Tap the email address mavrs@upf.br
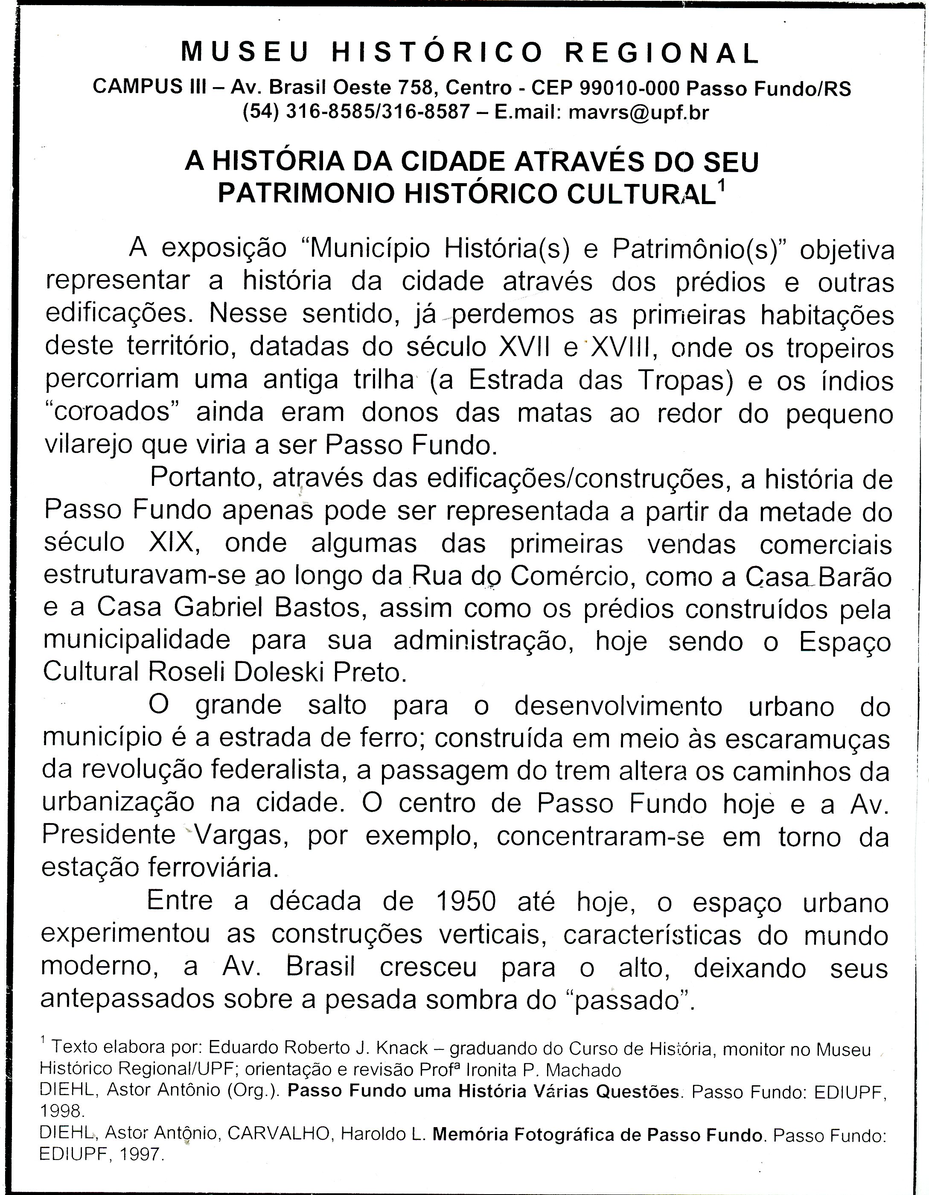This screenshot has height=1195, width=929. pyautogui.click(x=639, y=112)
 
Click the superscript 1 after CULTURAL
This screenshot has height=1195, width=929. pyautogui.click(x=721, y=187)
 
